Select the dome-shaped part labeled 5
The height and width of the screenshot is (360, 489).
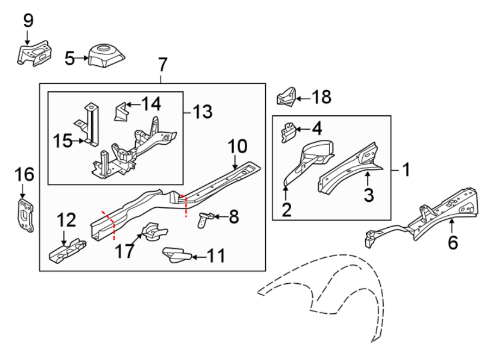tap(105, 56)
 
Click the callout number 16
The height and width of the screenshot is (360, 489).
tap(24, 175)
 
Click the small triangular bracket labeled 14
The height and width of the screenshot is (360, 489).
tap(120, 112)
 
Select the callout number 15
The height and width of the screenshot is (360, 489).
tap(62, 141)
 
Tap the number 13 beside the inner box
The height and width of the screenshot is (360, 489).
tap(202, 113)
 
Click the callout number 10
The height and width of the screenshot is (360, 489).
tap(237, 146)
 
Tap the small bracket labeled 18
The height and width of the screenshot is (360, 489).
tap(286, 97)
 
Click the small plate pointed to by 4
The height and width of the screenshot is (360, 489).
tap(289, 132)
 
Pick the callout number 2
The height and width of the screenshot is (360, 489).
tap(286, 209)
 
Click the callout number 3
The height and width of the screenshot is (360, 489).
tap(369, 194)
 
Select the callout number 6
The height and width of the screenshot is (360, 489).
tap(453, 242)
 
